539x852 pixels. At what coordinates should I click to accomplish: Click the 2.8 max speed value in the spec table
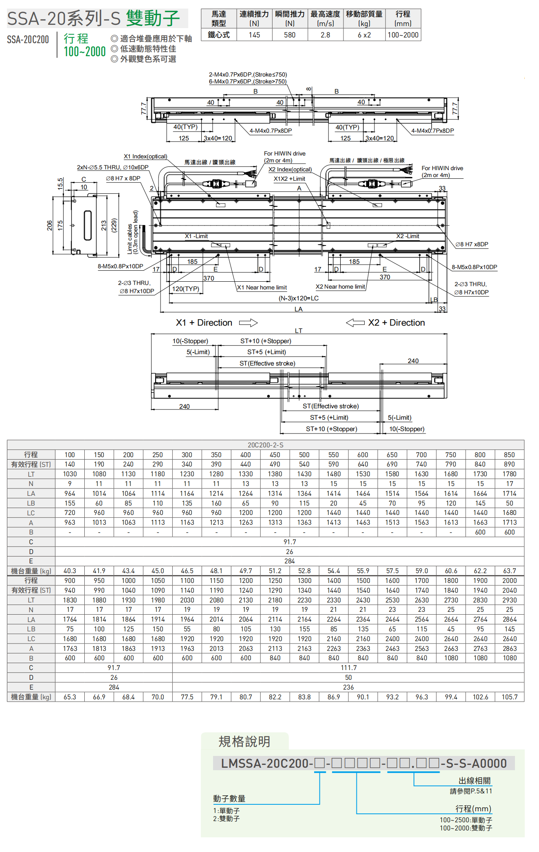(x=325, y=35)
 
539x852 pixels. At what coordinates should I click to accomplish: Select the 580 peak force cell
(x=290, y=35)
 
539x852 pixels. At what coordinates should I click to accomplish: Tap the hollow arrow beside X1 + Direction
(x=248, y=323)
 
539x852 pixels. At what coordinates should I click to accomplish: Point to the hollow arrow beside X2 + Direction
(x=355, y=323)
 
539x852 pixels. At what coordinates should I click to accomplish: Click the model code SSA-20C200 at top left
(x=28, y=39)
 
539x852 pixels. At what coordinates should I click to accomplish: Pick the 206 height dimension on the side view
(x=50, y=226)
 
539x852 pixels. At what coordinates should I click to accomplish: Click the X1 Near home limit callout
(x=262, y=288)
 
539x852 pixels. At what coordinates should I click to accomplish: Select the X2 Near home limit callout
(x=340, y=287)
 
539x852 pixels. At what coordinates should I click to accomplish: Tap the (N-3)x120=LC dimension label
(x=298, y=298)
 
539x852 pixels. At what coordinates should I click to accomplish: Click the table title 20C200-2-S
(x=266, y=445)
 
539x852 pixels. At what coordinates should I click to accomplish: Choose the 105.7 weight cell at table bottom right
(x=509, y=697)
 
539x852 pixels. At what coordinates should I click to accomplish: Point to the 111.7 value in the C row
(x=348, y=668)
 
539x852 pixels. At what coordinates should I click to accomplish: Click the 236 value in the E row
(x=348, y=687)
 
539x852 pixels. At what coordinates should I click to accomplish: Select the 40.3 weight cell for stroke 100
(x=70, y=571)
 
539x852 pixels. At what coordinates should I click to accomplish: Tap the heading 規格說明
(x=244, y=742)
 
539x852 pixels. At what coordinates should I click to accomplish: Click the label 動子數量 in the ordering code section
(x=229, y=799)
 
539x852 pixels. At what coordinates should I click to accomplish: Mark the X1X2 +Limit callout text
(x=289, y=179)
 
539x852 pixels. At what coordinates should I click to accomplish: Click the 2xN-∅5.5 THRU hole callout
(x=112, y=167)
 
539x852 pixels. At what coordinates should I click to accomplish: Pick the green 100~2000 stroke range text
(x=85, y=52)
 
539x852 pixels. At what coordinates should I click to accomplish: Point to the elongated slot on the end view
(x=88, y=225)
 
